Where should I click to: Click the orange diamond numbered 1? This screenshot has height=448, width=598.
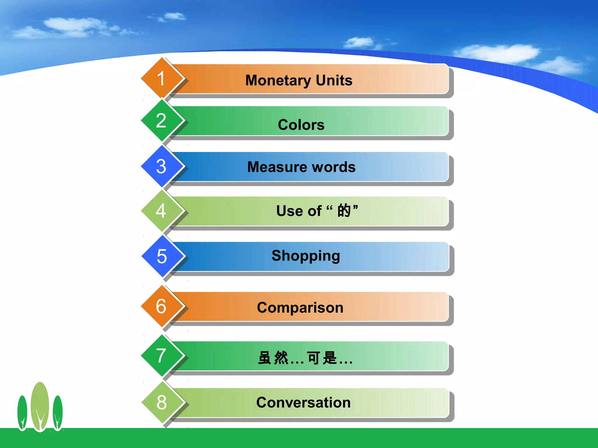click(161, 78)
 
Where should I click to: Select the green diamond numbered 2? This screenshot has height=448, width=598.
click(161, 120)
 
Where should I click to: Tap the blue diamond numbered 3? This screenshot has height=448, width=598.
click(161, 166)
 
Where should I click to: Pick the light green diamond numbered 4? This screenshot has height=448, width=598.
click(161, 211)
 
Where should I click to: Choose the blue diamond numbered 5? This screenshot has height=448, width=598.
click(162, 256)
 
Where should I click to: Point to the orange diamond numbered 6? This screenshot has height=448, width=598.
click(161, 306)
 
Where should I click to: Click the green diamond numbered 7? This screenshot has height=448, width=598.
click(161, 356)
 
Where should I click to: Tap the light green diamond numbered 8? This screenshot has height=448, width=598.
click(162, 402)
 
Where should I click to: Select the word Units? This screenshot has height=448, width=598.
click(334, 80)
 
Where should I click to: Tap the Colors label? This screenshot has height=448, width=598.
click(301, 125)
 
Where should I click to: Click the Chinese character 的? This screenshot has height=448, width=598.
click(344, 211)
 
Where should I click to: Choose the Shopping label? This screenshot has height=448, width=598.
click(306, 256)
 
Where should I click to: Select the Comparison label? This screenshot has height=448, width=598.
click(300, 308)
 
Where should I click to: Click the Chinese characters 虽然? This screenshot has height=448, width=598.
click(273, 358)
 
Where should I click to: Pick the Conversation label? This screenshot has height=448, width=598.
click(303, 402)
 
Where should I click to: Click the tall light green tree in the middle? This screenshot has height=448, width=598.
click(40, 405)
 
